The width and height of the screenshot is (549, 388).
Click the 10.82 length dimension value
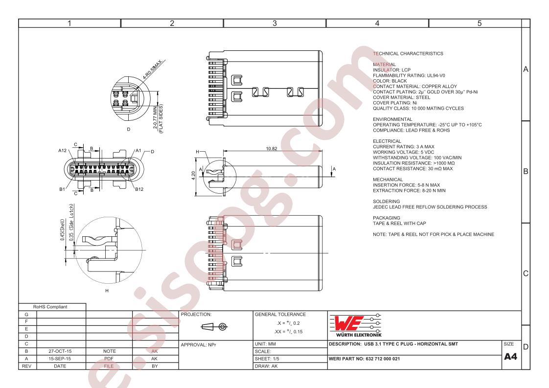click(272, 148)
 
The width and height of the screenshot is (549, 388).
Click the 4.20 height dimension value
click(193, 176)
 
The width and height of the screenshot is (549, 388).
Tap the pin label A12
click(62, 151)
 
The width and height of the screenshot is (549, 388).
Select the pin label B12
click(139, 189)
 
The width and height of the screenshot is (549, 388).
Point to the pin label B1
click(62, 189)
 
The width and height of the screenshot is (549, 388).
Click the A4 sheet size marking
click(510, 357)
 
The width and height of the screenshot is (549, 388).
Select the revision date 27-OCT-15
click(60, 351)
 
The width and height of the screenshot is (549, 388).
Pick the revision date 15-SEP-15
click(60, 359)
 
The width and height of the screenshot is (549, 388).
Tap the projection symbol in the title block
click(214, 327)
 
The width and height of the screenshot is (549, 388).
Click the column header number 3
click(274, 23)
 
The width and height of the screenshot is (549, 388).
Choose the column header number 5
click(480, 23)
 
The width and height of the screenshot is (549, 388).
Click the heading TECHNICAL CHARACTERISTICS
click(408, 54)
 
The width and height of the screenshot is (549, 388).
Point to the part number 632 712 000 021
click(383, 359)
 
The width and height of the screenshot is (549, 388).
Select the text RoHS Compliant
click(50, 307)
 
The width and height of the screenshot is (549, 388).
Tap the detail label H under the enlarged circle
click(107, 291)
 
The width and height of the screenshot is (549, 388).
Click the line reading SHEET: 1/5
click(267, 359)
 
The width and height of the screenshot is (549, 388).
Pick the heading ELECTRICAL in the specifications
click(387, 141)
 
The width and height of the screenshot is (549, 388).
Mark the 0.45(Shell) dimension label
click(62, 230)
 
